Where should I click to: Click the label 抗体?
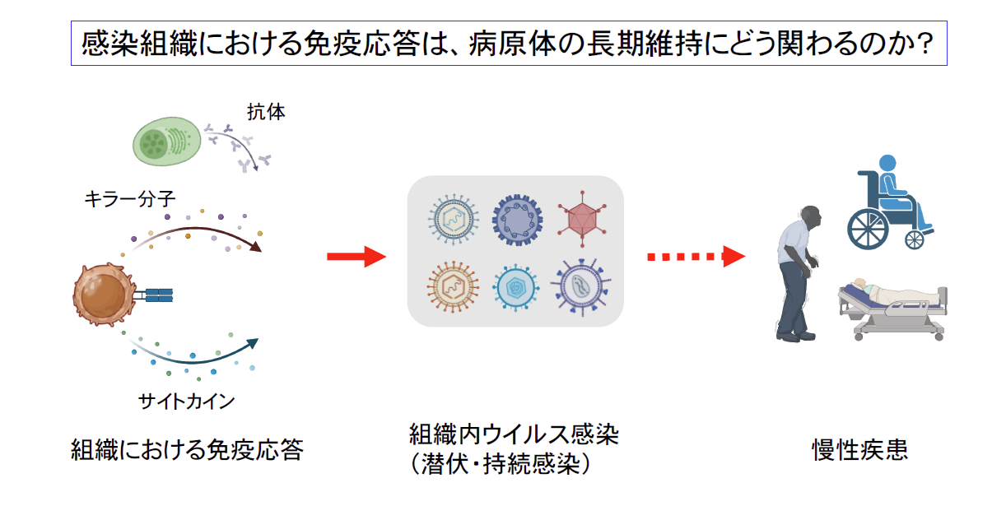click(266, 112)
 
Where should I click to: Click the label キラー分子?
click(129, 197)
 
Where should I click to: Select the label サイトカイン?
click(187, 402)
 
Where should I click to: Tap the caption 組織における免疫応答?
click(188, 450)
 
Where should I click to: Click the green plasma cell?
click(166, 140)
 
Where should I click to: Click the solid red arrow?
click(356, 257)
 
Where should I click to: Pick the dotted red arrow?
click(696, 257)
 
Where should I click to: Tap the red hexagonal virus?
click(584, 219)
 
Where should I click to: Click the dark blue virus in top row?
click(518, 219)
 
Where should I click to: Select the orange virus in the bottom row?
click(452, 285)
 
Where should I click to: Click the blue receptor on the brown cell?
click(159, 295)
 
